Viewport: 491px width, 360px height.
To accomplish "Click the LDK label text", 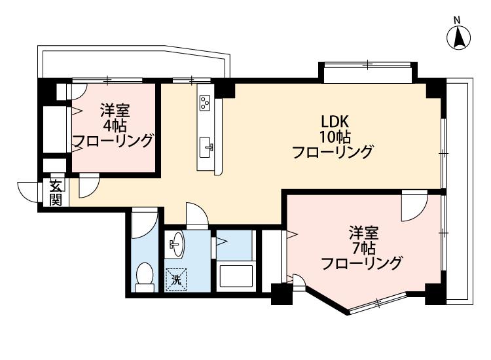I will (x=336, y=122).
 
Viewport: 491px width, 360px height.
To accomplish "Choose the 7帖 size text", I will (x=361, y=248).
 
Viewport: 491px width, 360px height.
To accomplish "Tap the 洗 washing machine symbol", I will (x=175, y=280).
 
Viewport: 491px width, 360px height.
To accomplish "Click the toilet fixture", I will (x=143, y=277).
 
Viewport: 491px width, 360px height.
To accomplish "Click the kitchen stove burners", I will (x=206, y=102).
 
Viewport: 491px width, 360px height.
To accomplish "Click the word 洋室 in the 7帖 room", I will (x=361, y=232).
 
